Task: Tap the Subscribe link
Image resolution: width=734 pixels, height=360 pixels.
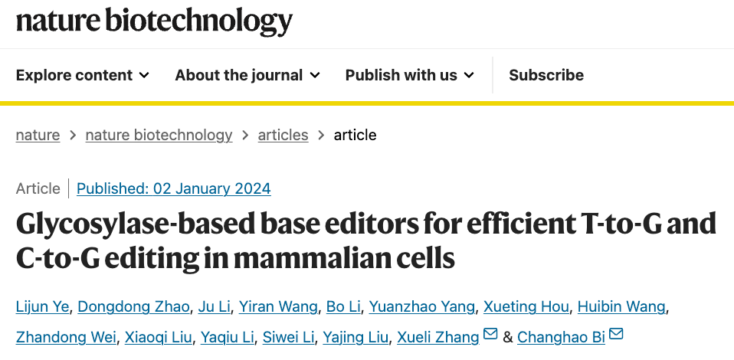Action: point(546,75)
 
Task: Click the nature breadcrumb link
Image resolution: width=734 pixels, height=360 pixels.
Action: point(38,135)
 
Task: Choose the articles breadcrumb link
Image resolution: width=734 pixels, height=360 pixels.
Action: point(283,135)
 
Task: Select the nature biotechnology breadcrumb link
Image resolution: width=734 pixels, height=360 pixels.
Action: point(159,135)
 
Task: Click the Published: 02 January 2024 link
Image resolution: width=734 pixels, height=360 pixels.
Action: point(173,188)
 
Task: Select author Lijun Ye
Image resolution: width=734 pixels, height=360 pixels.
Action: point(43,307)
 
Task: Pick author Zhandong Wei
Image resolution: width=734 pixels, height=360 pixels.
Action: point(66,337)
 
